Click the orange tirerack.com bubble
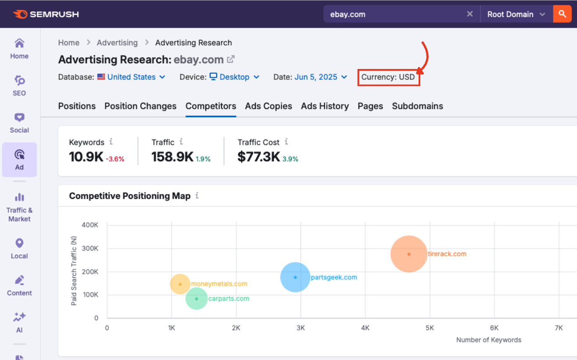(409, 254)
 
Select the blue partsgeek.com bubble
(295, 277)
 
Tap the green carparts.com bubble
(197, 299)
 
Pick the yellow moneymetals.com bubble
(180, 284)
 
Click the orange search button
(562, 14)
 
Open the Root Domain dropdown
(516, 14)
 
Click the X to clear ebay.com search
(469, 14)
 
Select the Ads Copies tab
(269, 106)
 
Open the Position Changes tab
(140, 106)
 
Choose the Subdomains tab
(417, 106)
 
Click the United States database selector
(131, 77)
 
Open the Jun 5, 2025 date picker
(321, 77)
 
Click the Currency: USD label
(388, 77)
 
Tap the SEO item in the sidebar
(19, 86)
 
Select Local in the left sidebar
(19, 248)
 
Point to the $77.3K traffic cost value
(258, 157)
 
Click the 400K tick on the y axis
(90, 225)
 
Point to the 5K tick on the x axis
(430, 328)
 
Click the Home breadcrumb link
(69, 43)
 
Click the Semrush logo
(46, 14)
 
